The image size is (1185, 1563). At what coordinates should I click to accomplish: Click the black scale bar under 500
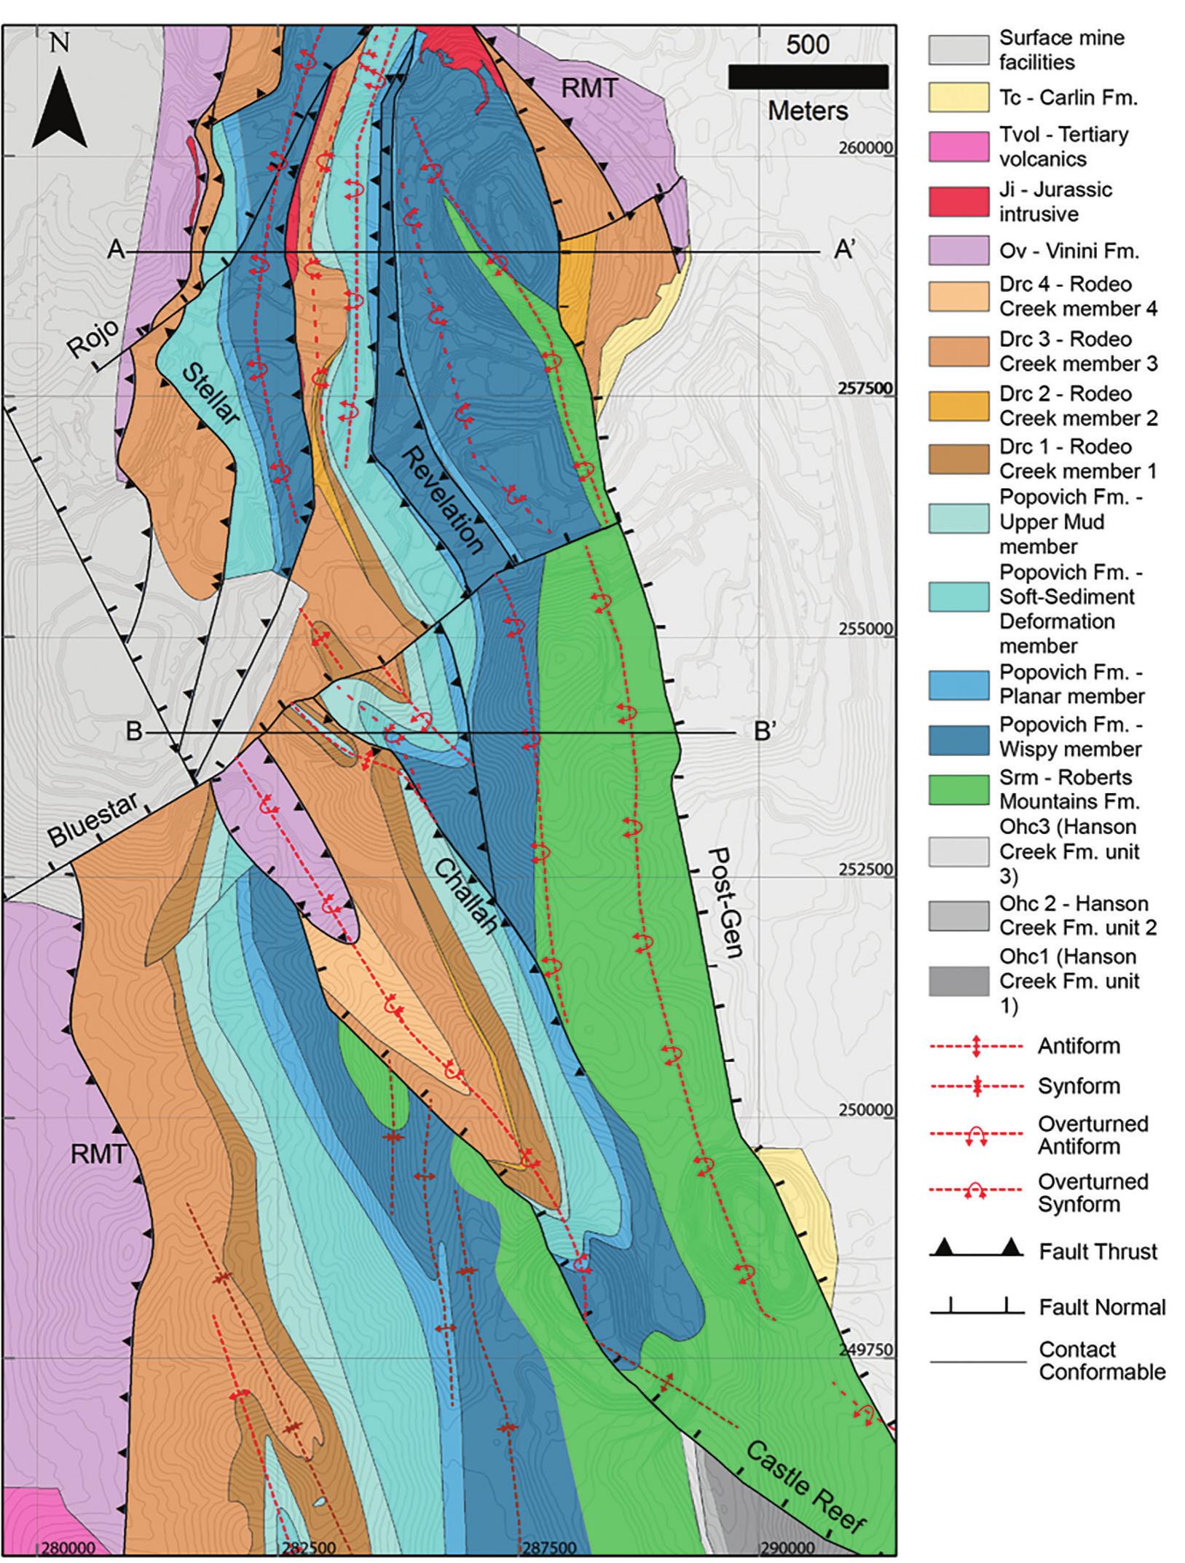808,77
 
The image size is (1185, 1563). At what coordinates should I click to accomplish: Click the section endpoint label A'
844,251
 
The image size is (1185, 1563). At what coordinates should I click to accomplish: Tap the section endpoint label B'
763,731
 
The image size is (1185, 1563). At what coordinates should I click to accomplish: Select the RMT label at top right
589,89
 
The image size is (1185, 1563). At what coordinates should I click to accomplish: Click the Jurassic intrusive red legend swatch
958,202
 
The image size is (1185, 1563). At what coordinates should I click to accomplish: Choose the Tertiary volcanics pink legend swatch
958,146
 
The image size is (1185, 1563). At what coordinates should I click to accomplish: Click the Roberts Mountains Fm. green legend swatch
958,790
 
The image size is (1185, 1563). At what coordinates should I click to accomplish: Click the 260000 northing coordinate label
863,149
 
